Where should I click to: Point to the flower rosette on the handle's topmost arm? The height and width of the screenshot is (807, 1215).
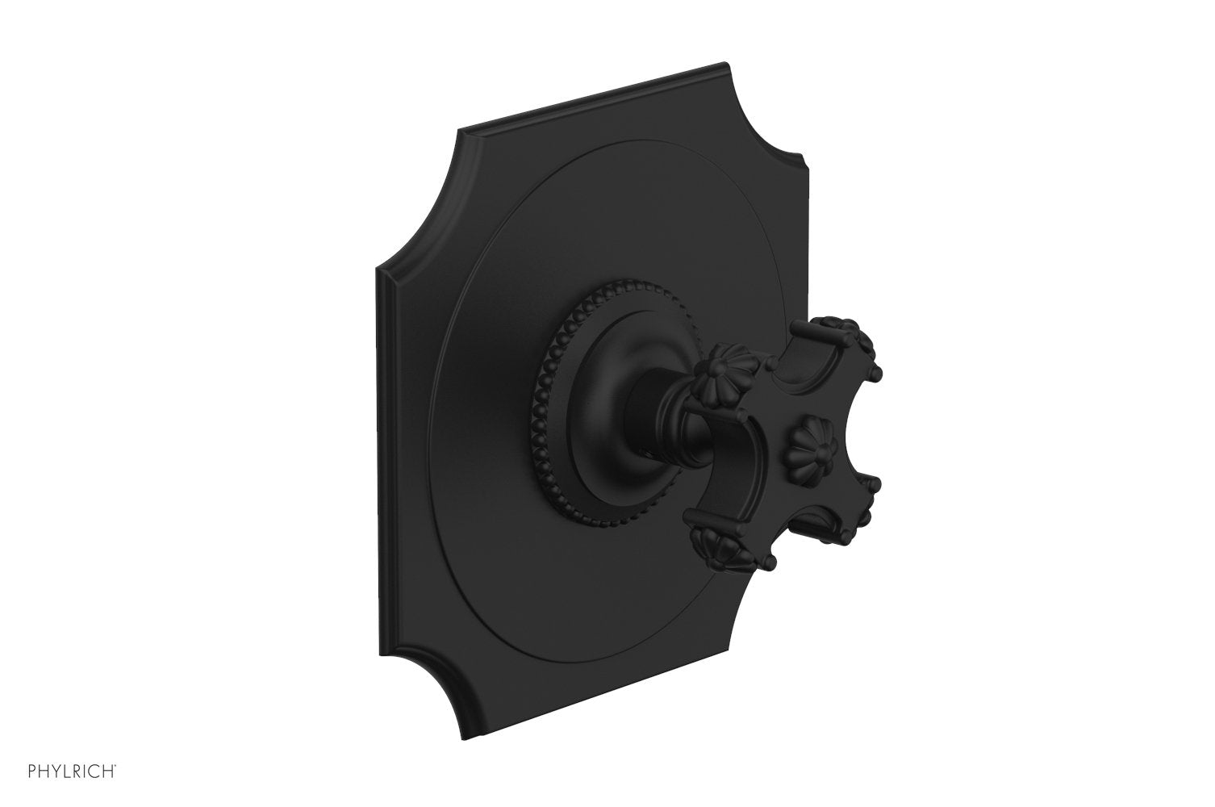[x=863, y=334]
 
